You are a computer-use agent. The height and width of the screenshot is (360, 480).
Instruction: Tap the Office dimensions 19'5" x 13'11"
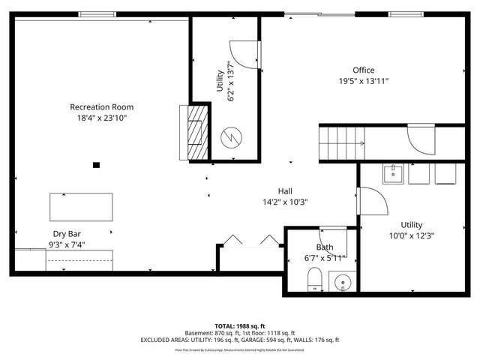click(x=363, y=81)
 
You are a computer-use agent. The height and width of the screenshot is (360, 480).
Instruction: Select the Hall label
click(x=285, y=190)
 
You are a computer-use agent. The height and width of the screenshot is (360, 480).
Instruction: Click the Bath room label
click(x=324, y=247)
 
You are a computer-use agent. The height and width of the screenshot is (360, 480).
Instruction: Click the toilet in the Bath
click(x=315, y=279)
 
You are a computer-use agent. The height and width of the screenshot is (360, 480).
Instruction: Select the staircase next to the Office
click(x=343, y=142)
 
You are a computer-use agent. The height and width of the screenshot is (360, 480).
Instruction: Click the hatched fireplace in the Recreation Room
click(x=197, y=131)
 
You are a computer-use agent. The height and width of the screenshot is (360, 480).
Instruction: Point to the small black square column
click(x=96, y=165)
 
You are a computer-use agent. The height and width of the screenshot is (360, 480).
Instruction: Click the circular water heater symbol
click(x=232, y=138)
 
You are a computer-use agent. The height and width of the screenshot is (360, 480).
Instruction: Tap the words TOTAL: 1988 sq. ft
click(x=239, y=326)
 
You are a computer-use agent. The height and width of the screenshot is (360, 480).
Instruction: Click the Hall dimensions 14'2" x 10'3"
click(x=285, y=201)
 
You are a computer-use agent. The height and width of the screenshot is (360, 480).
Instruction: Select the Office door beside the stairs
click(x=420, y=141)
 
